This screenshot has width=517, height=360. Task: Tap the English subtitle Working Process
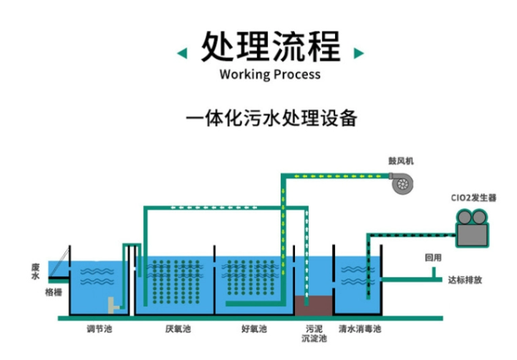[270, 74]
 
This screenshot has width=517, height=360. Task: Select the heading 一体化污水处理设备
[271, 117]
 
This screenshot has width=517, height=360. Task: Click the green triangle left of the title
[183, 52]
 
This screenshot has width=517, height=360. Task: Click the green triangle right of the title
[359, 52]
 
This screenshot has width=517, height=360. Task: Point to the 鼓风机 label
[401, 160]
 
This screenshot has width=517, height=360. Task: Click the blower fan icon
[402, 184]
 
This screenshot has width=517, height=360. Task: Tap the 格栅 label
[53, 292]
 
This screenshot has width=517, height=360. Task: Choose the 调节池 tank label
[100, 330]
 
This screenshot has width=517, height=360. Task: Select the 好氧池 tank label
[253, 330]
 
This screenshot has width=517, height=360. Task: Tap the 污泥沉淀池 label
[313, 334]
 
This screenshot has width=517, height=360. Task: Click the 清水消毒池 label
[359, 330]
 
